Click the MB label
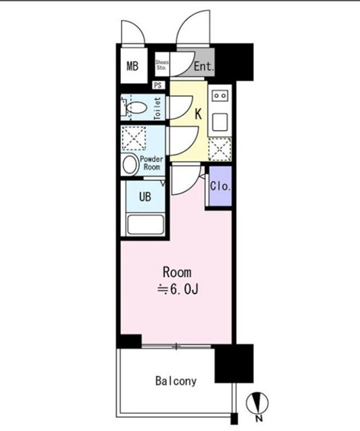point(132,66)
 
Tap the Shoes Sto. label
point(162,65)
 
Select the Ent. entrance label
point(204,67)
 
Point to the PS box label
point(157,85)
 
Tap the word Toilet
point(157,109)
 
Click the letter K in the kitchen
point(198,114)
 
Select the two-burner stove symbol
point(220,96)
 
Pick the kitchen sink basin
point(220,122)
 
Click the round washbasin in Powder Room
point(130,165)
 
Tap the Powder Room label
point(152,163)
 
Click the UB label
point(145,197)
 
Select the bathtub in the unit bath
point(146,225)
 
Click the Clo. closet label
point(220,186)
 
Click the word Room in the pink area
point(177,272)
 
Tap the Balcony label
point(176,381)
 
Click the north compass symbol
point(257,403)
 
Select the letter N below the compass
point(258,419)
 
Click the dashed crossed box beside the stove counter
point(220,149)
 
